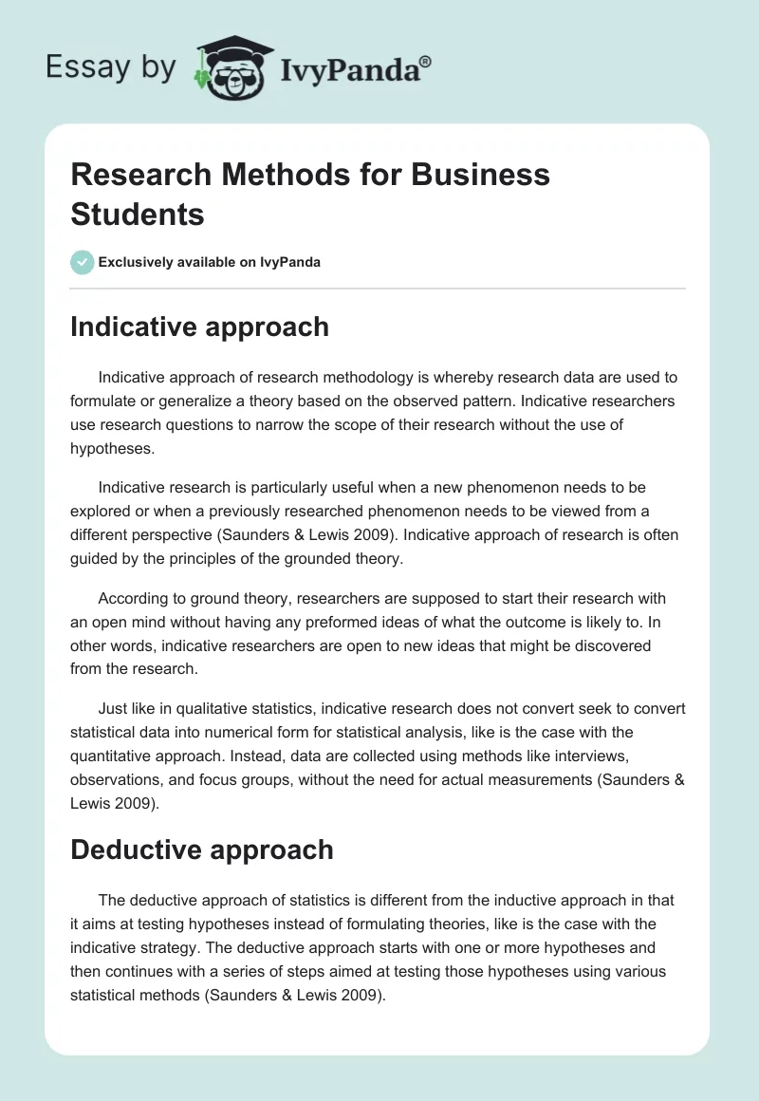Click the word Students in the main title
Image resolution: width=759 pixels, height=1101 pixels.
[138, 214]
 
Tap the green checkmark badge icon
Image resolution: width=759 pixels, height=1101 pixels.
[83, 262]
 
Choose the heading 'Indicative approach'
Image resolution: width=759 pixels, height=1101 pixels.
[199, 327]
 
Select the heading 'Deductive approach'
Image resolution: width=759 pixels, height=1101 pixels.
[202, 849]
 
